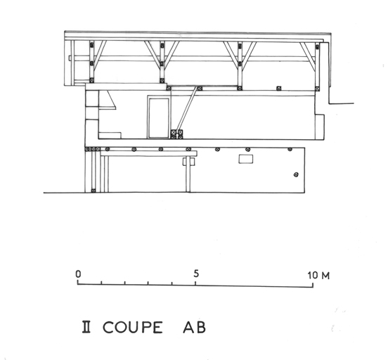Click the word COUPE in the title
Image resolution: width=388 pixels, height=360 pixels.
pos(133,327)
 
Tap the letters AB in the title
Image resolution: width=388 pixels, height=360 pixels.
pos(194,327)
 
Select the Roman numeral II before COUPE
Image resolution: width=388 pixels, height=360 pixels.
pos(86,327)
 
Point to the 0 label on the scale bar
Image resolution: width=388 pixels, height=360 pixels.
pos(78,274)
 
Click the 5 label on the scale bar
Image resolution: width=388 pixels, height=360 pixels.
pos(196,274)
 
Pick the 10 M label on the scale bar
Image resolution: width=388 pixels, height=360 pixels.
pos(318,276)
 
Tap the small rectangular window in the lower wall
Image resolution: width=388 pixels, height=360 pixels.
pos(246,159)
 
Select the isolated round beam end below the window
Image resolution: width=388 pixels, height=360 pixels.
pos(296,174)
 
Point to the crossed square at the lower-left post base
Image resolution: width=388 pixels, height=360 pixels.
pos(93,191)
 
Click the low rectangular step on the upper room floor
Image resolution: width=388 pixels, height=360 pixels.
pos(110,136)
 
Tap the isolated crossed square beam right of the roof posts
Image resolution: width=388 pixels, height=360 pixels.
pos(279,88)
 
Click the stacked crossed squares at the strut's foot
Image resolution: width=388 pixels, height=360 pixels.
pos(177,134)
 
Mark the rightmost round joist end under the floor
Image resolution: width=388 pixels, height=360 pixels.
pos(290,149)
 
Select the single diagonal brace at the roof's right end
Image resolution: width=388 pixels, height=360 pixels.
pos(308,56)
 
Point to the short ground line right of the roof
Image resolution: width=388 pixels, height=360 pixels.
pos(342,103)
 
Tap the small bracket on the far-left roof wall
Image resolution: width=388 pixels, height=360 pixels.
pos(70,58)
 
